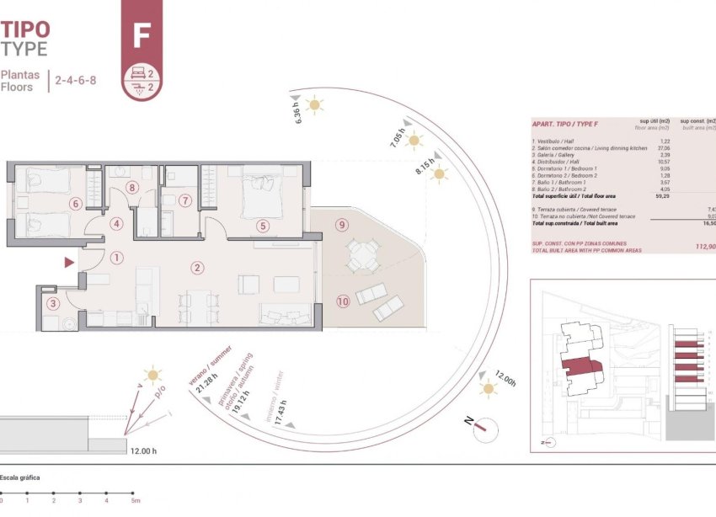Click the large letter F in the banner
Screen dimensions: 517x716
click(x=142, y=36)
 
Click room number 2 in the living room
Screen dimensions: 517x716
click(x=197, y=269)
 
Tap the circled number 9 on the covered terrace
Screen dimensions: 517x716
click(x=341, y=225)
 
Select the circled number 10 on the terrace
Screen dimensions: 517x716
click(x=343, y=301)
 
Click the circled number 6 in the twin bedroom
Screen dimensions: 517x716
click(x=75, y=203)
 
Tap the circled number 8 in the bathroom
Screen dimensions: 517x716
click(x=131, y=187)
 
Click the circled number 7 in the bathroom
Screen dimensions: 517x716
click(x=185, y=200)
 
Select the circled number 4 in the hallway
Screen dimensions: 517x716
click(x=117, y=224)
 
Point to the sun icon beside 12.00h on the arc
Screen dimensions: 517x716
click(x=487, y=389)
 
